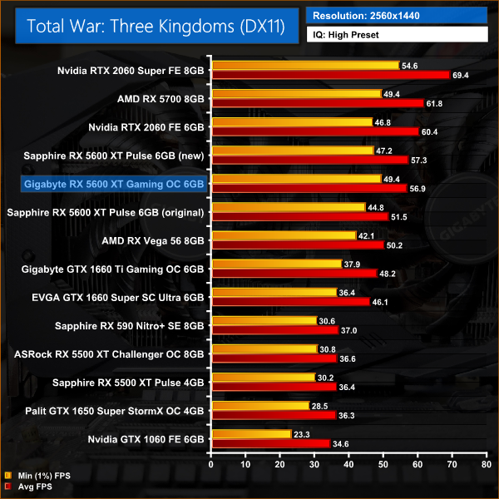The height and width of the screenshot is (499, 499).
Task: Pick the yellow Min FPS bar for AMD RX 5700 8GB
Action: (x=296, y=94)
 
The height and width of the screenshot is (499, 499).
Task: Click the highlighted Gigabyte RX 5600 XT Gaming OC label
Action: (x=115, y=182)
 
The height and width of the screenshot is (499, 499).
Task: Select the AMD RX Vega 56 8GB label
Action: (x=155, y=240)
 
